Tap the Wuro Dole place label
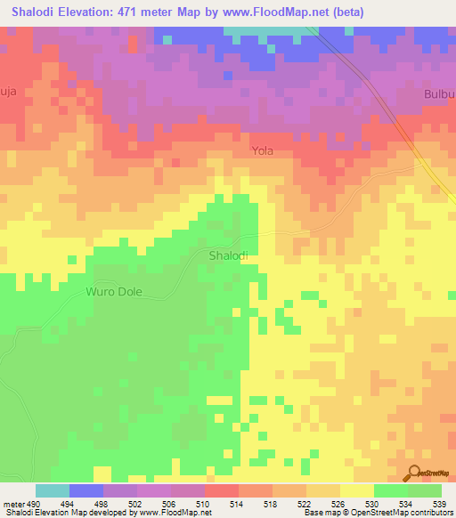tap(114, 292)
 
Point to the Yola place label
tap(262, 151)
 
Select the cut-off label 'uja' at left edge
tap(9, 90)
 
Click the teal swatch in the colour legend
tap(52, 490)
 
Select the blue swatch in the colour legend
tap(85, 490)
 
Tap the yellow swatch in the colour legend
tap(356, 490)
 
